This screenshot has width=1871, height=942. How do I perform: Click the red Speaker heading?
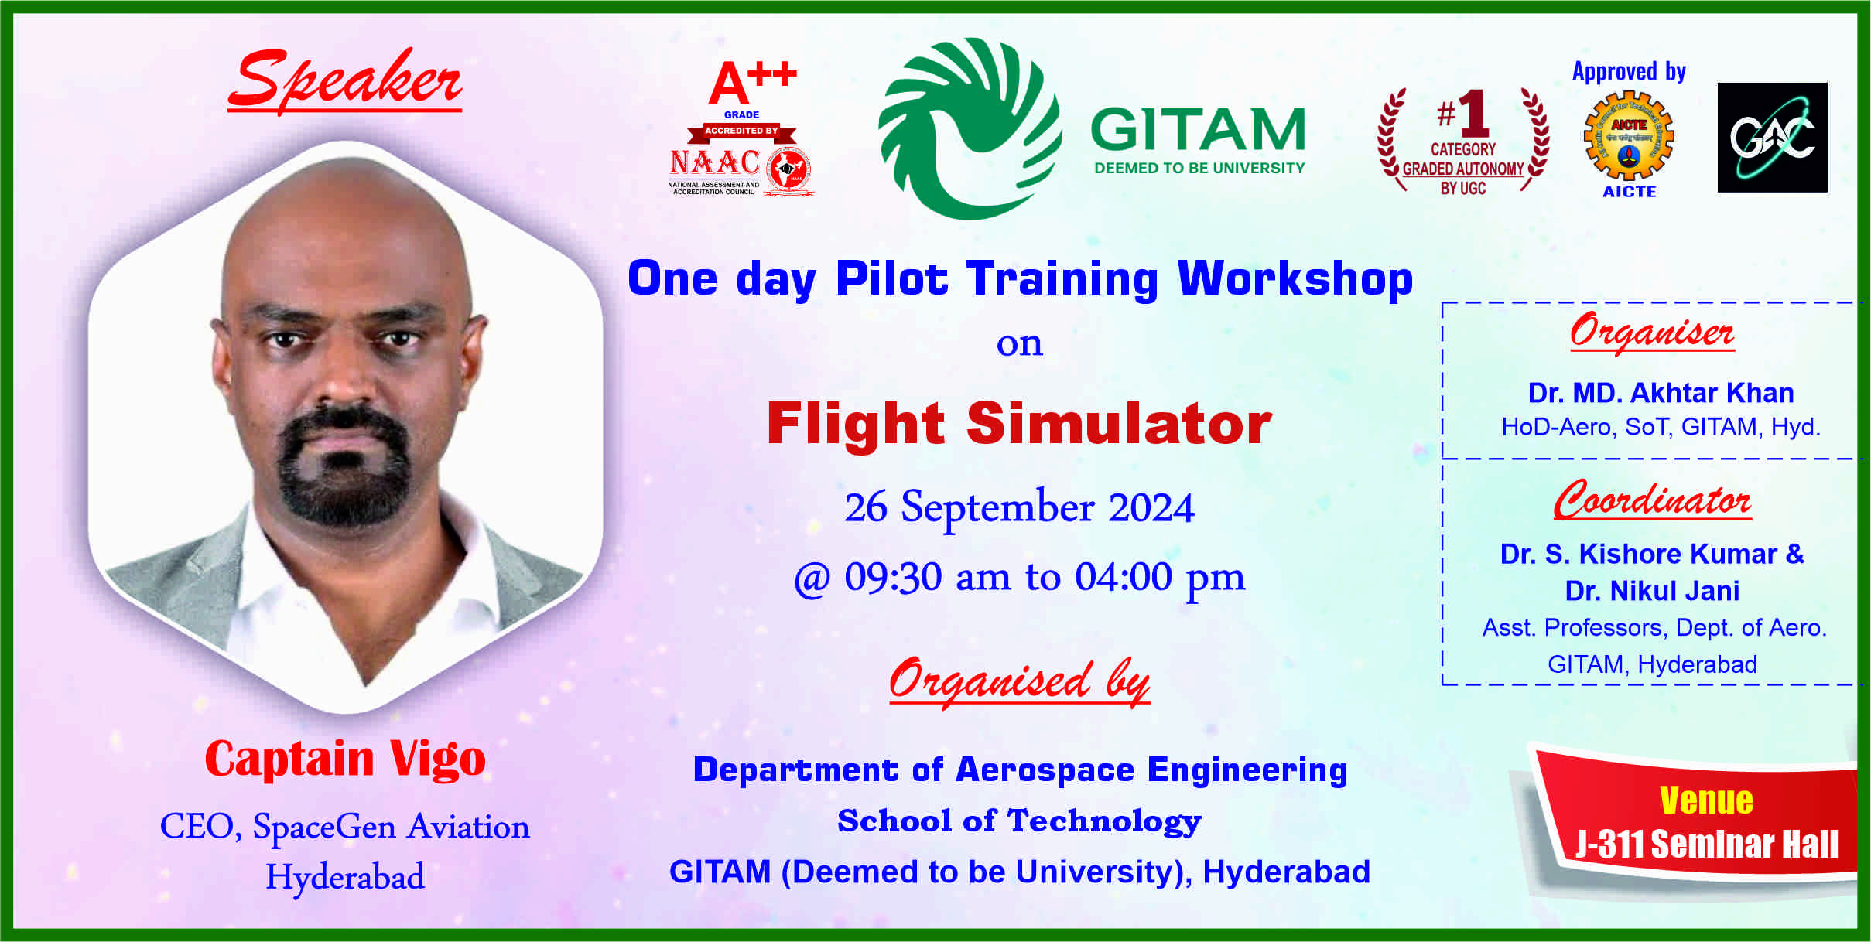pos(345,80)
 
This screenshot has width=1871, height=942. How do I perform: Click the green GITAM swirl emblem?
pos(970,128)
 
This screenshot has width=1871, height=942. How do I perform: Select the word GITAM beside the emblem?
pos(1199,129)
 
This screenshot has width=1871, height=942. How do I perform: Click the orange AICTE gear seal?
pos(1629,136)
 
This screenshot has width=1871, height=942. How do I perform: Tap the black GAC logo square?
pos(1772,138)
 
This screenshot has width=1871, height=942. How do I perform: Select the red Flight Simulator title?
pos(1019,424)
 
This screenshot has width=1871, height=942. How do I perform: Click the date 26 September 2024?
pos(1019,508)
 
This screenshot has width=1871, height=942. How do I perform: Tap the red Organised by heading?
pos(1019,681)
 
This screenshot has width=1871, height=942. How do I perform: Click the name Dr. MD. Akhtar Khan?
pos(1661,393)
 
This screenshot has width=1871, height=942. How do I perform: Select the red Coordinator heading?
pos(1652,500)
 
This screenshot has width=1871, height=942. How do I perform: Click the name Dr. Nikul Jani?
pos(1652,591)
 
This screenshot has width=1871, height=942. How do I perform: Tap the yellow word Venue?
pos(1706,800)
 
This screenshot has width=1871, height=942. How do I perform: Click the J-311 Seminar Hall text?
pos(1707,844)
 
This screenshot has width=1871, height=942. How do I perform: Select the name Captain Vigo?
pos(345,758)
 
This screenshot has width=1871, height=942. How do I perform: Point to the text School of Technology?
pos(1019,821)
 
